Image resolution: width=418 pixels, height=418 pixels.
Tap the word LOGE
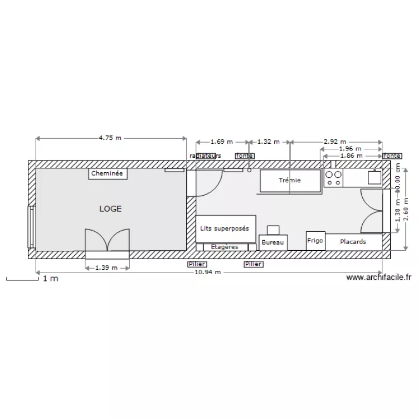tap(110, 209)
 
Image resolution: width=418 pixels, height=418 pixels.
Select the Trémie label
tap(290, 180)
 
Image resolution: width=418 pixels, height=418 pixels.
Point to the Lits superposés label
tap(225, 229)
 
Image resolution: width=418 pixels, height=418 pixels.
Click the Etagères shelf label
tap(225, 246)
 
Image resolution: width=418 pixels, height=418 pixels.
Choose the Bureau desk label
tap(273, 242)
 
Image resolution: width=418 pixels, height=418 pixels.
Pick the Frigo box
tap(315, 241)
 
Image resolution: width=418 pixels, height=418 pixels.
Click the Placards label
tap(353, 242)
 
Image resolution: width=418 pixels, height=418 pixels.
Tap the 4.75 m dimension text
tap(110, 138)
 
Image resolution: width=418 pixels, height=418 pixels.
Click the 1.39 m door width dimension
tap(106, 268)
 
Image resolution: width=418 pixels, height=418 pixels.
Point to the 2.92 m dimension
tap(334, 142)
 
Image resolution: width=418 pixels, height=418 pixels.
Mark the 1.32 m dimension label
tap(268, 142)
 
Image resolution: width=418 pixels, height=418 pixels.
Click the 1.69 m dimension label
tap(221, 142)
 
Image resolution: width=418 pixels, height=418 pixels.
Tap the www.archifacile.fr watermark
tap(378, 277)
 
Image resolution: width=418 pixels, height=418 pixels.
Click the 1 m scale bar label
tap(50, 279)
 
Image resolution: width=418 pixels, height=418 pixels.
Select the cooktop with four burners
tap(334, 178)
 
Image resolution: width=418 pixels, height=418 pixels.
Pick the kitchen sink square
tap(374, 177)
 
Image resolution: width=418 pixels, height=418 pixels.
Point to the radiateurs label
tap(205, 155)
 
